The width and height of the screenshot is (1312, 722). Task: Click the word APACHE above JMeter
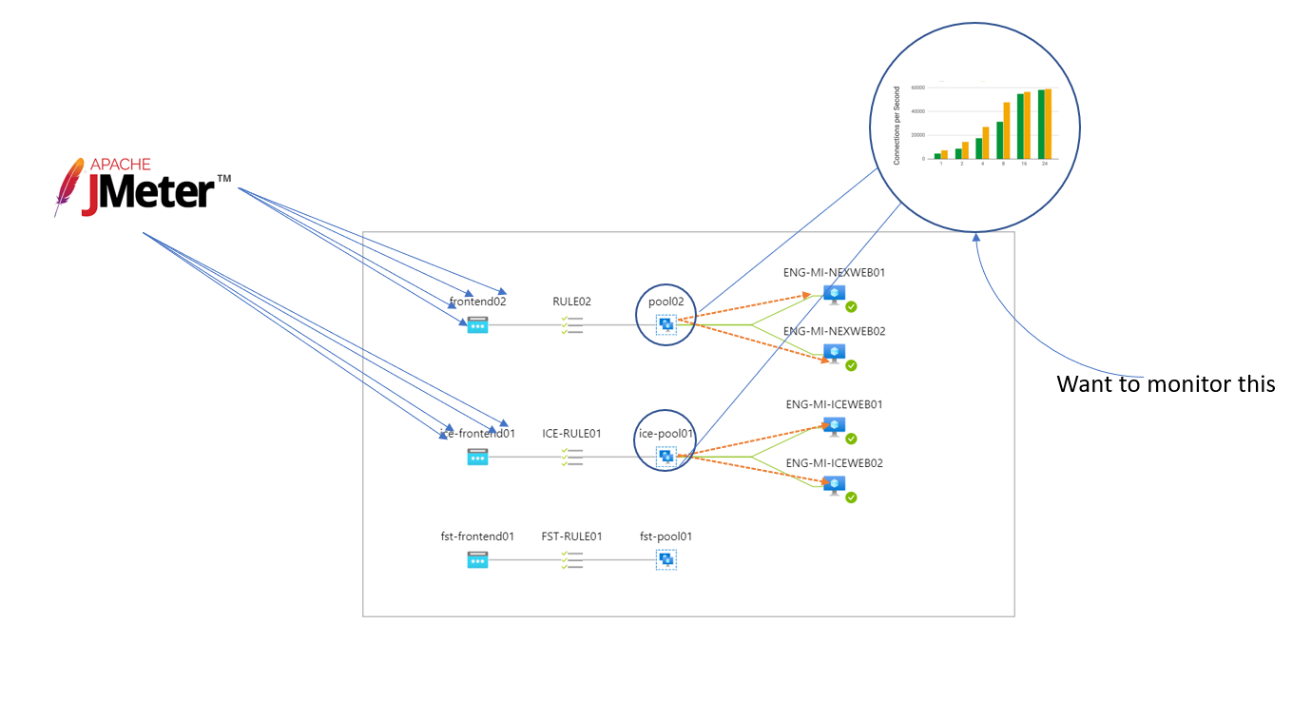pyautogui.click(x=114, y=166)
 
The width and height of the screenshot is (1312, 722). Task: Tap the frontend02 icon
pyautogui.click(x=477, y=324)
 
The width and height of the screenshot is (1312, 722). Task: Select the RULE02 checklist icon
pyautogui.click(x=571, y=324)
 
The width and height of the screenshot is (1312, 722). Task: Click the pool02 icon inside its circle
pyautogui.click(x=666, y=324)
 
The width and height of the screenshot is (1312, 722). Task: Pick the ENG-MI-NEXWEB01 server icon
pyautogui.click(x=834, y=295)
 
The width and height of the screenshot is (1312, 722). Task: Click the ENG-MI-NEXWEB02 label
pyautogui.click(x=834, y=331)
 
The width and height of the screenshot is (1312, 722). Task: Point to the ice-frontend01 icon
pyautogui.click(x=477, y=457)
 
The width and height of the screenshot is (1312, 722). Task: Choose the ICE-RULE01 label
pyautogui.click(x=571, y=434)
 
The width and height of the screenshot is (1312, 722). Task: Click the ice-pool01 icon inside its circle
pyautogui.click(x=666, y=457)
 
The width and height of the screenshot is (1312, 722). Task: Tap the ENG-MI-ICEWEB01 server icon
pyautogui.click(x=834, y=426)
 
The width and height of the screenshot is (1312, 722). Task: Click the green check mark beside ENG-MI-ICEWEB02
pyautogui.click(x=851, y=498)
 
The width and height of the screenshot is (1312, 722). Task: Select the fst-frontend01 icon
pyautogui.click(x=477, y=560)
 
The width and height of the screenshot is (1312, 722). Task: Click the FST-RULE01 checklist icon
pyautogui.click(x=571, y=560)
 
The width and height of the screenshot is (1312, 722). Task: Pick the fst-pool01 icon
pyautogui.click(x=666, y=560)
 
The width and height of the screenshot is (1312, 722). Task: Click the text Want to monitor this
pyautogui.click(x=1166, y=384)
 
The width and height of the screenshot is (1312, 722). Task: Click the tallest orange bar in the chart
pyautogui.click(x=1048, y=124)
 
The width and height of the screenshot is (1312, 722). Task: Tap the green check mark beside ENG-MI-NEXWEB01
pyautogui.click(x=851, y=307)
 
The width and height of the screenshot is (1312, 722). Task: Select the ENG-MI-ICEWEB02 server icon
pyautogui.click(x=834, y=485)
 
